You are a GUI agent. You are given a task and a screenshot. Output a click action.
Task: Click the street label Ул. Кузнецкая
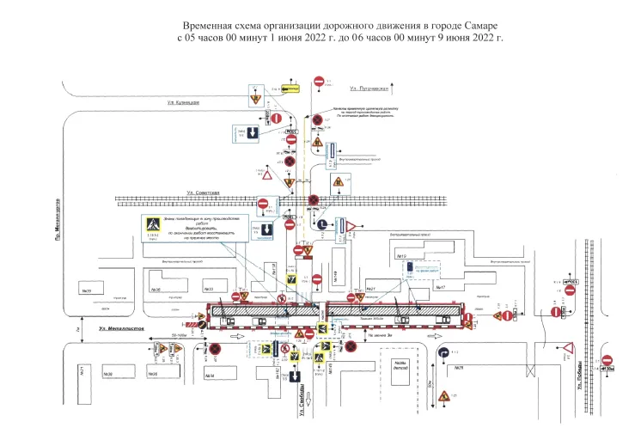184,103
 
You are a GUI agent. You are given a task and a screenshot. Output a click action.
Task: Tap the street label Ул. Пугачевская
369,89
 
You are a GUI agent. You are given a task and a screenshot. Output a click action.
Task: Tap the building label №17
441,286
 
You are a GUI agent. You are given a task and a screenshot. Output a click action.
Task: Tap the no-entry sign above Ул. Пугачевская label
319,82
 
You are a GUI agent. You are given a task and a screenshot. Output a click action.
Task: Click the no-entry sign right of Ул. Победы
607,362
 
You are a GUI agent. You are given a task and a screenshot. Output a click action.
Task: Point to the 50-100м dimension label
178,334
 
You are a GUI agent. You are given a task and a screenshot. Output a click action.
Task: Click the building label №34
211,376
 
